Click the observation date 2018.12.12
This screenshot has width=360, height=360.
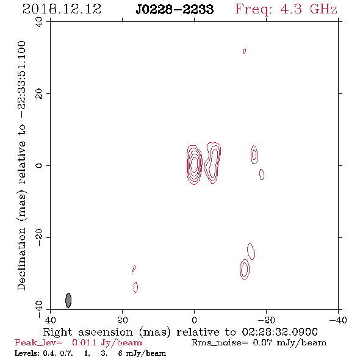[62, 9]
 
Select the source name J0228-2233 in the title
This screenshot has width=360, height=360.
[175, 10]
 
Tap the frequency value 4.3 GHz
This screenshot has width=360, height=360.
[309, 9]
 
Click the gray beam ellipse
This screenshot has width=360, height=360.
[68, 300]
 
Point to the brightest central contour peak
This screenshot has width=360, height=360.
[195, 164]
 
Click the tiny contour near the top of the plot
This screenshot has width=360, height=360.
[245, 51]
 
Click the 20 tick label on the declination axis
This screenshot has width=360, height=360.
[39, 94]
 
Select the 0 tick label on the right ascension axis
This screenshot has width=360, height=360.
[194, 320]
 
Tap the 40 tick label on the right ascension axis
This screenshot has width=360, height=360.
[51, 320]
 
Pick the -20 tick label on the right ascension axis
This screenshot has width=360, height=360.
[266, 320]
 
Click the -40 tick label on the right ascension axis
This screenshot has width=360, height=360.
[338, 320]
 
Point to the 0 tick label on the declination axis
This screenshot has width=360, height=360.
[39, 165]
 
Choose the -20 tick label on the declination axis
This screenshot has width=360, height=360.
[39, 237]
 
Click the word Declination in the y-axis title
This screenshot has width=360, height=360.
[21, 259]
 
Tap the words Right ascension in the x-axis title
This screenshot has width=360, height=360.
[88, 332]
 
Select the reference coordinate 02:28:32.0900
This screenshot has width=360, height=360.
[279, 332]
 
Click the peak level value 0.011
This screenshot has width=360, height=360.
[84, 342]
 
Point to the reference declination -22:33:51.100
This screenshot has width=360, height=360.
[21, 80]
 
